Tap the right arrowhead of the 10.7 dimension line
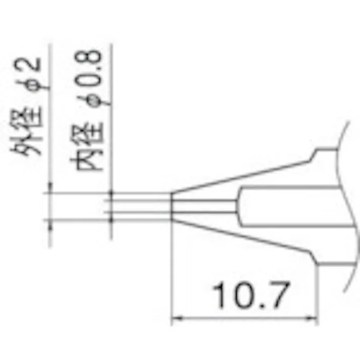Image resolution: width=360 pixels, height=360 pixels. click(315, 318)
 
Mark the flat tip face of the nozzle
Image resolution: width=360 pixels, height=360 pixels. click(172, 207)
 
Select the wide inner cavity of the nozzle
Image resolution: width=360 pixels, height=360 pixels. click(288, 207)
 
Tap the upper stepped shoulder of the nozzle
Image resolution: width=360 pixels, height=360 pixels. click(317, 155)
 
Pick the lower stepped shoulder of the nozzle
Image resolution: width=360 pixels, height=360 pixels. click(317, 261)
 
